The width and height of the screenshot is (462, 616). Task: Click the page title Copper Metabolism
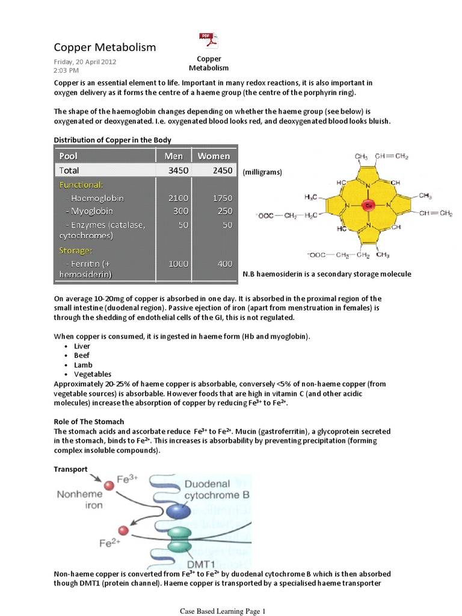tap(105, 47)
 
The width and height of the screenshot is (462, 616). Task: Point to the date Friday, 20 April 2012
tap(85, 61)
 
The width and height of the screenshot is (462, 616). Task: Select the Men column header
tap(169, 156)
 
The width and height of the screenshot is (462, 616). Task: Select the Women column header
tap(214, 156)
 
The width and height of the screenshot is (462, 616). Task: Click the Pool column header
tap(69, 156)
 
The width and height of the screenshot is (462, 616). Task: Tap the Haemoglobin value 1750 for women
tap(221, 198)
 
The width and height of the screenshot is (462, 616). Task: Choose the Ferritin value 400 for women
tap(224, 263)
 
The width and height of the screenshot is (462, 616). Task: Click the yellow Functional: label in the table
tap(81, 185)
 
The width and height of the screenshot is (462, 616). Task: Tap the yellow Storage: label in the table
tap(75, 250)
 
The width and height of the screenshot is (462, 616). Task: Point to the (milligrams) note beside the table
tap(262, 172)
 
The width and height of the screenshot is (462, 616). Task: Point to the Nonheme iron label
tap(80, 499)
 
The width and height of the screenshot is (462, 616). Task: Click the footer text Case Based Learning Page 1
tap(223, 612)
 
